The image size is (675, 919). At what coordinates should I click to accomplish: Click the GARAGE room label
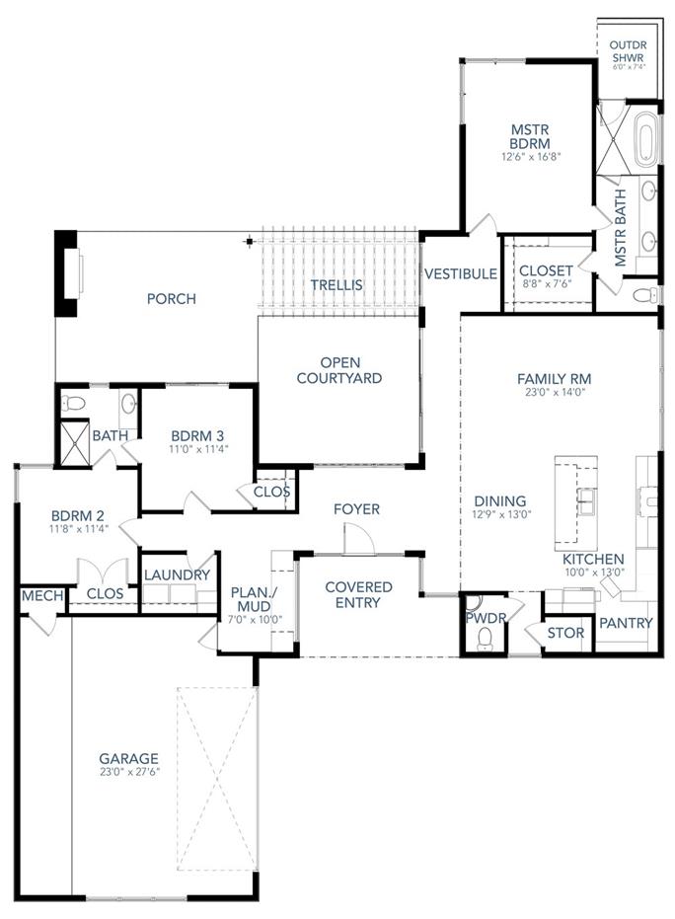128,759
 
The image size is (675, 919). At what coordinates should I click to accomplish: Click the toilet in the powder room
483,639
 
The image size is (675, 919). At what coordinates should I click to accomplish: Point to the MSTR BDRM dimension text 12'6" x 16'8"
530,156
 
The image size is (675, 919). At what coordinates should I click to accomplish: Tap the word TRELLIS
337,285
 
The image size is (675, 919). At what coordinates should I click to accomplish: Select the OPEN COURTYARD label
338,370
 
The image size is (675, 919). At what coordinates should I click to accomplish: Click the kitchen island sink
586,500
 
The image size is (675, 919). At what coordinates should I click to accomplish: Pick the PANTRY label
626,623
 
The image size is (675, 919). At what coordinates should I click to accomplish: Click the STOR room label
565,632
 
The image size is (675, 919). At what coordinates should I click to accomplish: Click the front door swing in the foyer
355,539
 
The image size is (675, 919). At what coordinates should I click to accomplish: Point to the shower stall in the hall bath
75,436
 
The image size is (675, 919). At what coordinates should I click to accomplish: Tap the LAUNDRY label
177,574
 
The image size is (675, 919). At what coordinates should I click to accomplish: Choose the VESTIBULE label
460,273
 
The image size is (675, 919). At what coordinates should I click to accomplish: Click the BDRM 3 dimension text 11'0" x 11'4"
199,449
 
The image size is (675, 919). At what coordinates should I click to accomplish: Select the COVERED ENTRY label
358,595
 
